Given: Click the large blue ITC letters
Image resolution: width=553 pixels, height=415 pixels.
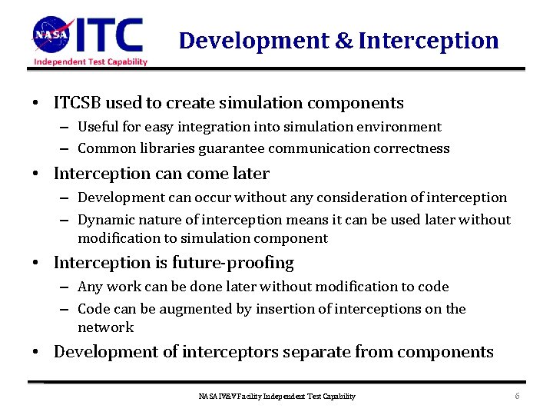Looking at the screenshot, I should click(111, 35).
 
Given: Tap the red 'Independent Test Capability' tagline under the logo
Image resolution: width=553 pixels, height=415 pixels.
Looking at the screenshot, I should click(90, 61).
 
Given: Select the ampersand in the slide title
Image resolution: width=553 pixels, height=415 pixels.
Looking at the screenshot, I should click(344, 40).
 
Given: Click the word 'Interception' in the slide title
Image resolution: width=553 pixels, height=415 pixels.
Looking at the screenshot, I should click(429, 40).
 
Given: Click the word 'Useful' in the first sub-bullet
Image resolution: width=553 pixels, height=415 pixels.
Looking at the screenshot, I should click(98, 127).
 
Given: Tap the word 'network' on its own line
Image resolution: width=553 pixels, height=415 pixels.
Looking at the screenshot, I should click(105, 327).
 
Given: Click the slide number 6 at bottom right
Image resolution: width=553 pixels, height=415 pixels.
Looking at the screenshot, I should click(518, 396).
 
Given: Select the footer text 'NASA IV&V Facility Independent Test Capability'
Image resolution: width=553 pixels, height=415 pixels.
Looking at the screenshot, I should click(276, 397).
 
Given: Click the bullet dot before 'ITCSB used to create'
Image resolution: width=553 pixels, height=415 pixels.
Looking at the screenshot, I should click(36, 104).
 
